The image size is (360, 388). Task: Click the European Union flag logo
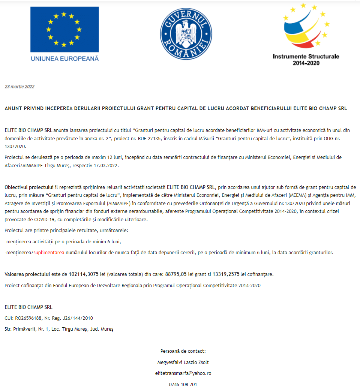(x=64, y=29)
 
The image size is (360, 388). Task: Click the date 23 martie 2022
(x=19, y=87)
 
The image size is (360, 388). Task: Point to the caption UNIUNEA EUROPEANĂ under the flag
(x=64, y=58)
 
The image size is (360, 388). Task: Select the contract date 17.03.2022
(x=107, y=165)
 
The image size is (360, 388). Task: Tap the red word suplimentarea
(x=49, y=253)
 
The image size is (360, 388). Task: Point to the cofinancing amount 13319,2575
(x=226, y=274)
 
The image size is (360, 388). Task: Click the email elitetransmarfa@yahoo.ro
(x=183, y=373)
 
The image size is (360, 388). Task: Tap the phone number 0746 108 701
(x=183, y=384)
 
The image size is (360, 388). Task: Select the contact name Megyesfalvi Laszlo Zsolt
(x=183, y=362)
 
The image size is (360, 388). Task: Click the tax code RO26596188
(x=27, y=318)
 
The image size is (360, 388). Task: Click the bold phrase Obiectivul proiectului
(x=29, y=187)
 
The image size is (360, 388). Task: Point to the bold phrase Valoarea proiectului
(x=27, y=274)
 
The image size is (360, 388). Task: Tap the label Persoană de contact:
(x=183, y=351)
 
